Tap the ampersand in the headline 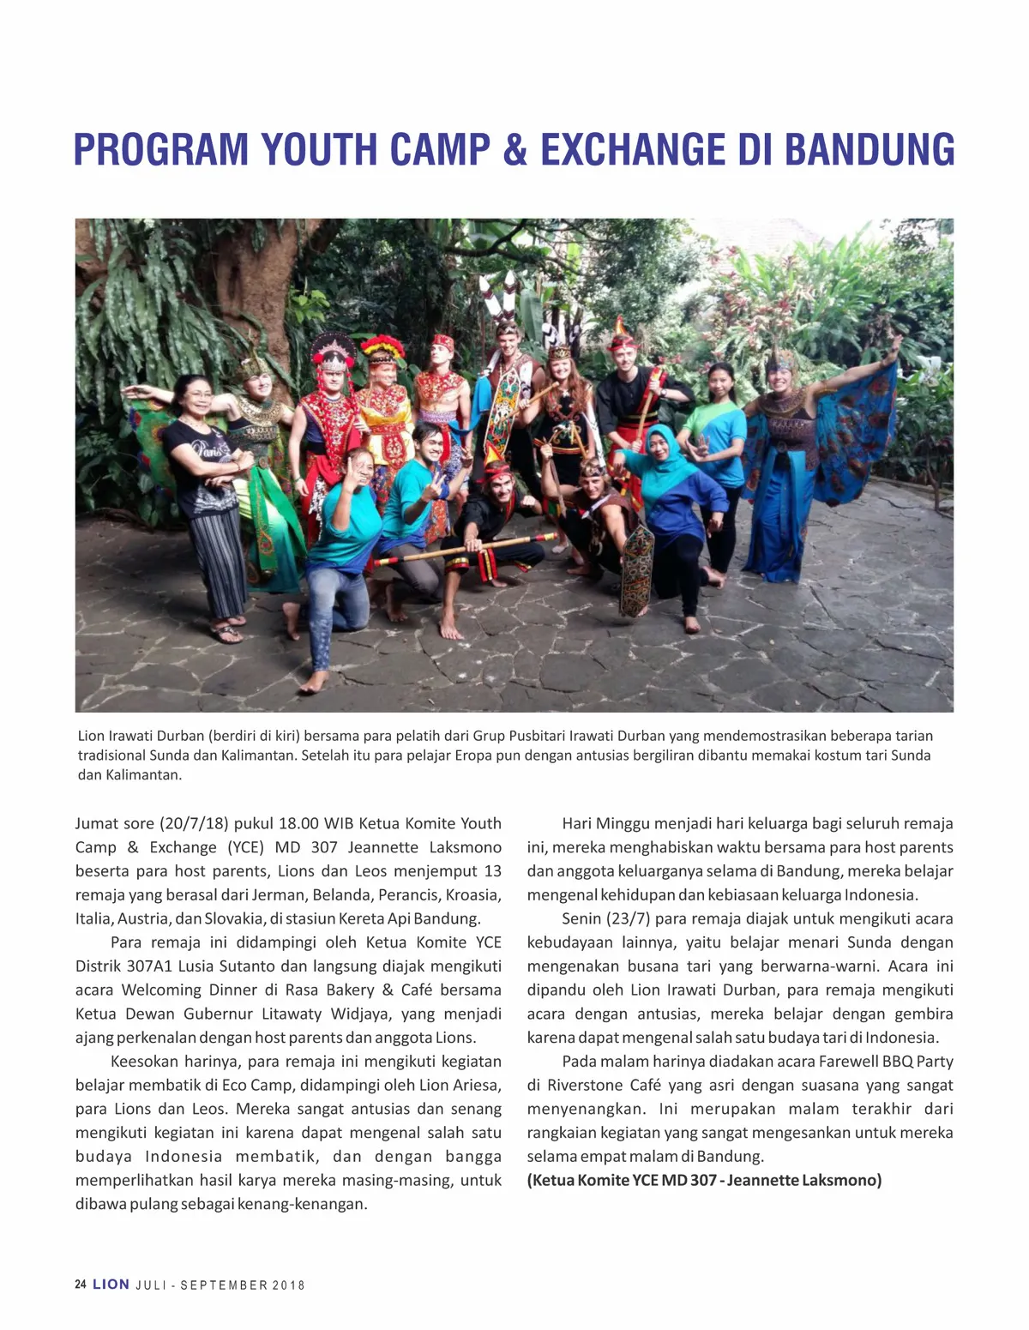point(515,149)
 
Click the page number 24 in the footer point(81,1285)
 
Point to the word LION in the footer point(111,1285)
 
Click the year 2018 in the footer point(289,1285)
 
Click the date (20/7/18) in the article point(194,823)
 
